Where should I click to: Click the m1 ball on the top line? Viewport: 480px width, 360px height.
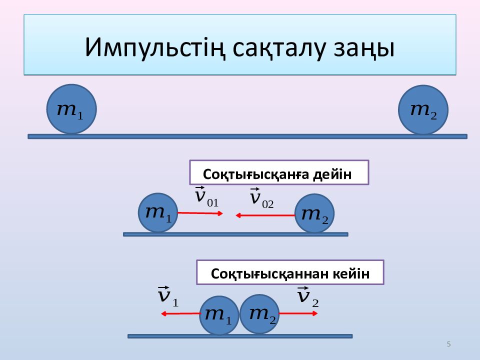(x=71, y=109)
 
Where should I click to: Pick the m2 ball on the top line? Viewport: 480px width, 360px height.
(x=423, y=110)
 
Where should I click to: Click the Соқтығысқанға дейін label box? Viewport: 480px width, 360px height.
(x=278, y=173)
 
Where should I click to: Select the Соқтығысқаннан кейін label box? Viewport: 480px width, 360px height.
(x=290, y=273)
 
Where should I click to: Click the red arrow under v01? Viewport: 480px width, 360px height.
(x=200, y=213)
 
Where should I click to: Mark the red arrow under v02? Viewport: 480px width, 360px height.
(x=265, y=215)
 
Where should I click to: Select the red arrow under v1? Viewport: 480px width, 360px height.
(x=180, y=314)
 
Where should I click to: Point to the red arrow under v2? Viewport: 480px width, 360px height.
(x=298, y=313)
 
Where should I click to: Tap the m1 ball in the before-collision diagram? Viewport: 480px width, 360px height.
(x=158, y=212)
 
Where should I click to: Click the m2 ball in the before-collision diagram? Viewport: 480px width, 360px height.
(x=314, y=213)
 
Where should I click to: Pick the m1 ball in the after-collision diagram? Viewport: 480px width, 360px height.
(x=218, y=315)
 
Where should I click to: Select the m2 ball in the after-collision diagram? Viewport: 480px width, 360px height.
(x=259, y=314)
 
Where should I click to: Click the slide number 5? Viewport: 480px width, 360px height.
(x=448, y=344)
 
